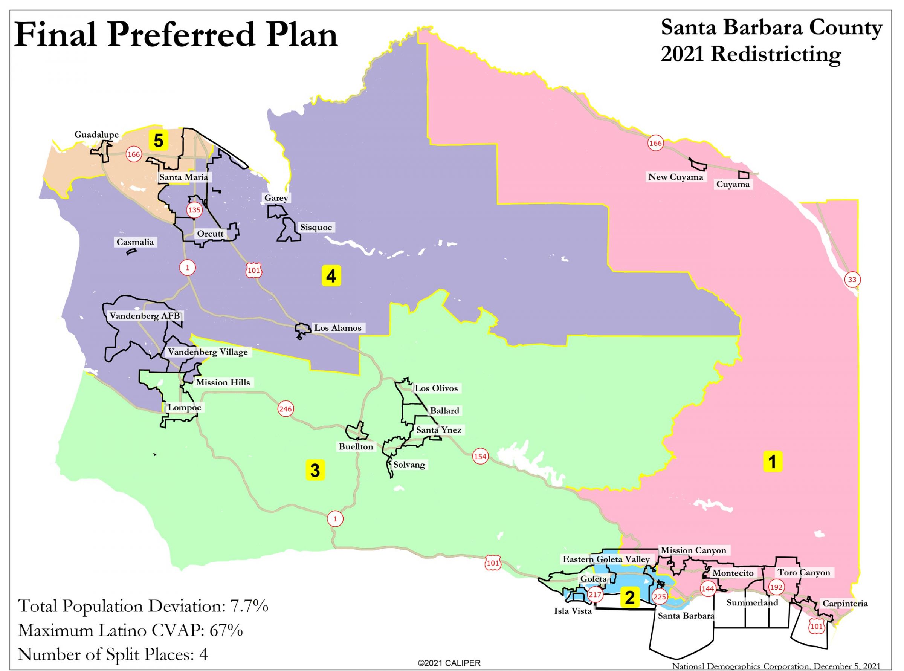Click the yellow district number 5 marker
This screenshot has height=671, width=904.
(158, 141)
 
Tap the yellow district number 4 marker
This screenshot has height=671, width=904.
(331, 276)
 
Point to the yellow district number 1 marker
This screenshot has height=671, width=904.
(773, 461)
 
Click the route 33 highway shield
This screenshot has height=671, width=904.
(852, 280)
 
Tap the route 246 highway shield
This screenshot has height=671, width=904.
(286, 409)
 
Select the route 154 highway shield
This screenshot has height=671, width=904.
(480, 457)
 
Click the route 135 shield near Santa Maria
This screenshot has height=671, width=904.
(194, 210)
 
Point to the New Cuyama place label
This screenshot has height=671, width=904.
(675, 177)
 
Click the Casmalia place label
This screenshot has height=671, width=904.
(135, 242)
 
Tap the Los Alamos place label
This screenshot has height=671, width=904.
(337, 328)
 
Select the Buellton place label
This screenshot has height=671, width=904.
(356, 447)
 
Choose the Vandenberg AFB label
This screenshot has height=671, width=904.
(145, 316)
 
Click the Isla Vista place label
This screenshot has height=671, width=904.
(573, 611)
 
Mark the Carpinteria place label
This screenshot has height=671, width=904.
(845, 604)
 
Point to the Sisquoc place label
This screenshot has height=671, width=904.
(316, 228)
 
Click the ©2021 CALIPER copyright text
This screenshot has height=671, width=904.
(449, 663)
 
